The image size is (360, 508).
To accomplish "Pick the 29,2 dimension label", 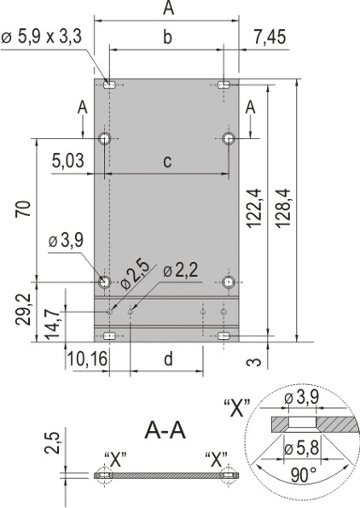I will point(27,311).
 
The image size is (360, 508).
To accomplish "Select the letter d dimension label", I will point(167,359).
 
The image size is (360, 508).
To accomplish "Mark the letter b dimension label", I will point(167,37).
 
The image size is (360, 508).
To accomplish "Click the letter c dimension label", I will point(167,161).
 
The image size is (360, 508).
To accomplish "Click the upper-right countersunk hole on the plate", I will point(229,139).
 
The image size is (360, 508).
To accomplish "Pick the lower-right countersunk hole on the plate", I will point(229,282).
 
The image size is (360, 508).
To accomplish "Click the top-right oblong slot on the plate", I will point(224,84).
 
